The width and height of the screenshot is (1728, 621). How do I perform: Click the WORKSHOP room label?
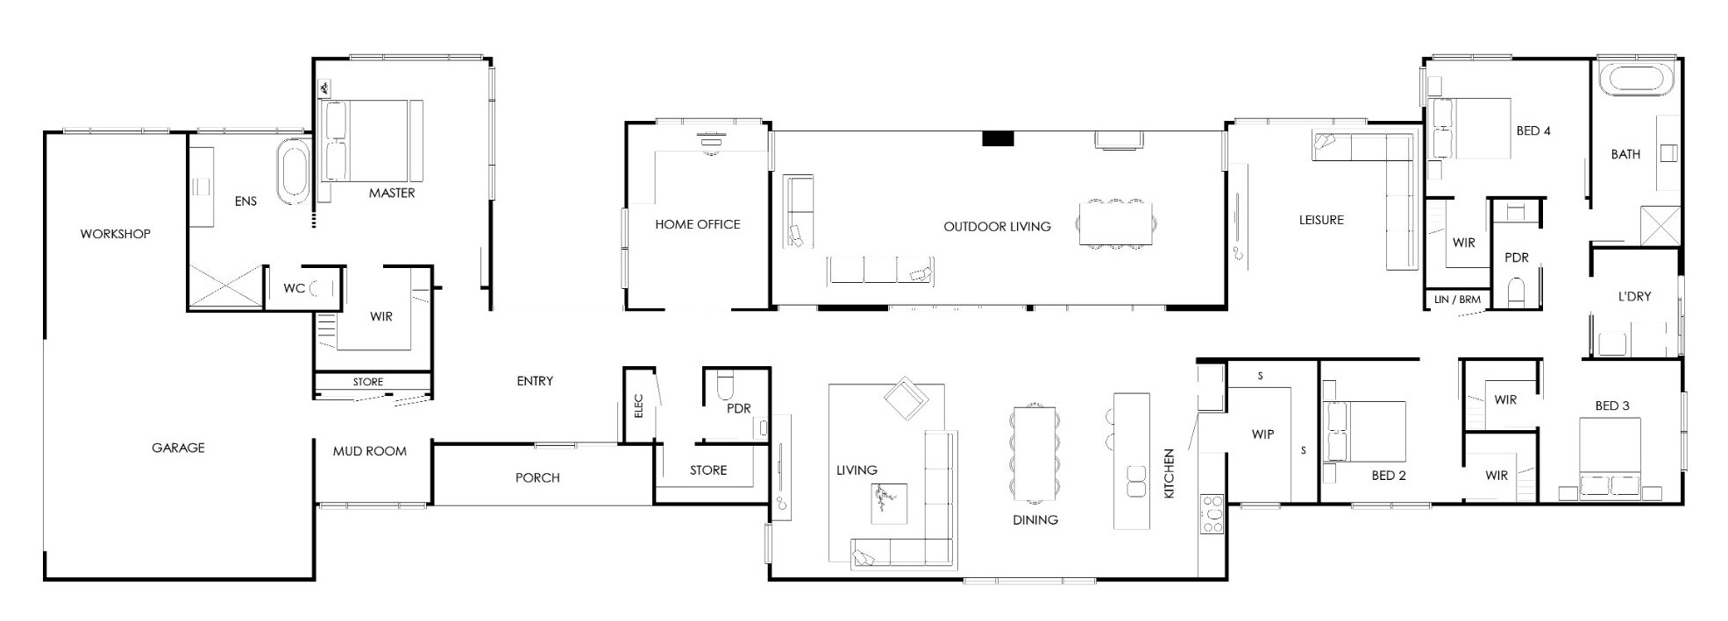coord(115,234)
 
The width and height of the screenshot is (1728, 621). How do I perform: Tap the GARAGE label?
coord(178,448)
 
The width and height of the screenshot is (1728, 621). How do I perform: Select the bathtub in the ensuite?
coord(293,170)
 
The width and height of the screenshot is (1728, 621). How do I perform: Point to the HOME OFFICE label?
coord(697,224)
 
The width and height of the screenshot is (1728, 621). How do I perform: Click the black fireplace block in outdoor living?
coord(998,138)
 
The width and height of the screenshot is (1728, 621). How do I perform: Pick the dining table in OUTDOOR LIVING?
coord(1115,223)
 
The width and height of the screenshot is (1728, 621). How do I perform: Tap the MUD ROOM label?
coord(369,451)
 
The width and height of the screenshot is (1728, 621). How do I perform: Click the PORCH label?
coord(537,477)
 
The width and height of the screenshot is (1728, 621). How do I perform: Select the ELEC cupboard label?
coord(638,406)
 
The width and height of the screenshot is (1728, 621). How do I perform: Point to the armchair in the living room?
coord(907,399)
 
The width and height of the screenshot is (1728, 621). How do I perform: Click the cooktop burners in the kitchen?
coord(1212,514)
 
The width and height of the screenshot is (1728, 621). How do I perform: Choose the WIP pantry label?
coord(1262,434)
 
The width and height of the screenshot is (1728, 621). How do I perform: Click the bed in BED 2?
coord(1364,431)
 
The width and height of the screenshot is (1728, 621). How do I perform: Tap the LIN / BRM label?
coord(1457,300)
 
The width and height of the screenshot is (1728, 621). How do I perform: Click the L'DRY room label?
coord(1634,297)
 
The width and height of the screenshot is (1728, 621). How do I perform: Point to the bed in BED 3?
coord(1610,458)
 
